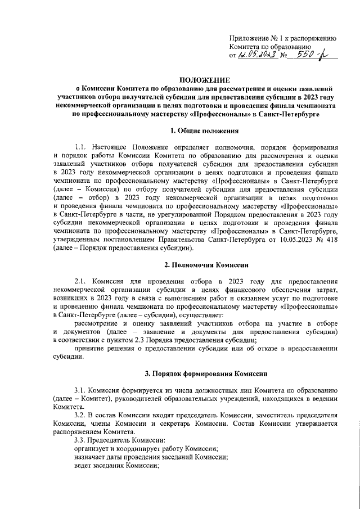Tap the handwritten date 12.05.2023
pyautogui.click(x=257, y=56)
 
